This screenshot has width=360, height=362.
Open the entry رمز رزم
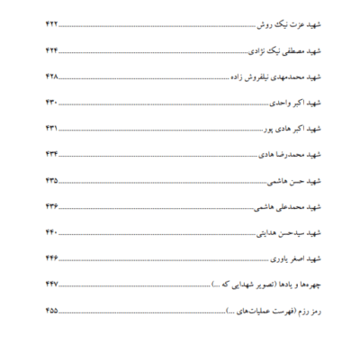point(305,311)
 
